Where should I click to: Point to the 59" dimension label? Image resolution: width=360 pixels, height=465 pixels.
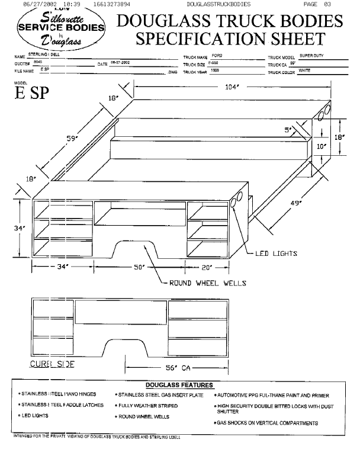pyautogui.click(x=73, y=138)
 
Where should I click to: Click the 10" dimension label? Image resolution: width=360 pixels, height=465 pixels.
pyautogui.click(x=322, y=145)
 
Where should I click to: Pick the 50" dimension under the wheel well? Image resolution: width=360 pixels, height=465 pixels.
pyautogui.click(x=140, y=267)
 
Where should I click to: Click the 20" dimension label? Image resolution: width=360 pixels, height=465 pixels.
pyautogui.click(x=207, y=267)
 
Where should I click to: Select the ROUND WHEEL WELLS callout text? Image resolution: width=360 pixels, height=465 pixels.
pyautogui.click(x=207, y=283)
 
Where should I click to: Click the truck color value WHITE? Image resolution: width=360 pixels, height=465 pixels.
pyautogui.click(x=304, y=70)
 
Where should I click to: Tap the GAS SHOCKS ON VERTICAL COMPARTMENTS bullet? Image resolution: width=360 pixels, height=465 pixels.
pyautogui.click(x=268, y=423)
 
